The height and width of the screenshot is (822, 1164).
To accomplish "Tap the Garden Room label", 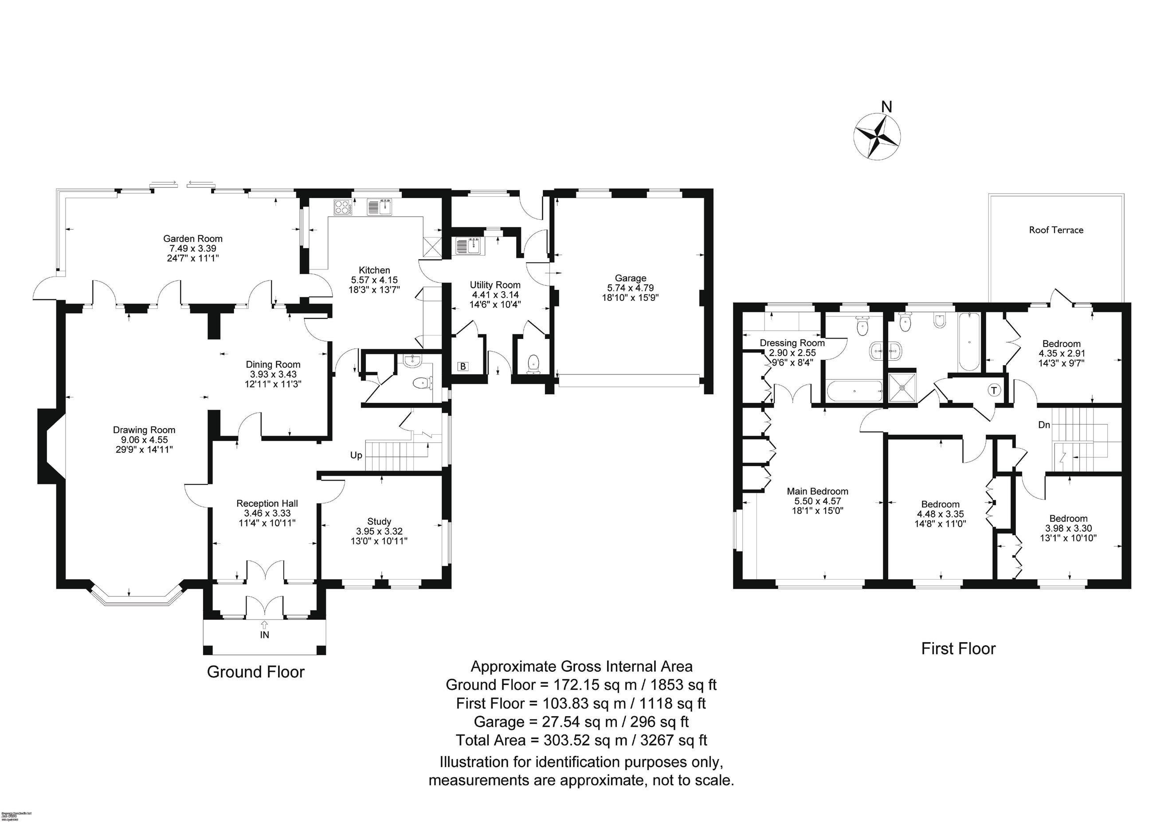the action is point(192,238).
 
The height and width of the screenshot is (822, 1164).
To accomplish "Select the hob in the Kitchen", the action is point(343,206).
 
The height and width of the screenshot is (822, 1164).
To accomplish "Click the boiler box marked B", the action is point(462,366).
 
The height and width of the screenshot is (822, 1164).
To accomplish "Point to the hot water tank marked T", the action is point(994,390).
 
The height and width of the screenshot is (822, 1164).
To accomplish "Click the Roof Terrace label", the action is point(1056,230).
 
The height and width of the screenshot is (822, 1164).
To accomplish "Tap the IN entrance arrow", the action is point(264,626).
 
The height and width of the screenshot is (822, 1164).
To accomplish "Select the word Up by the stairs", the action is point(356,456).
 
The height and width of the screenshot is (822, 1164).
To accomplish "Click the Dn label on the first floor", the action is point(1044,425).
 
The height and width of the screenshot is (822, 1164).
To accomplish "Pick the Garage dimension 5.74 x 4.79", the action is point(630,288).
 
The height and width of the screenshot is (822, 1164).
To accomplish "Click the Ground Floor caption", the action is point(255,672).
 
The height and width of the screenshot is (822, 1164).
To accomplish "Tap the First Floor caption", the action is point(958,649).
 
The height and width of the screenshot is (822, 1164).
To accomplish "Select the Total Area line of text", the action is point(581,740).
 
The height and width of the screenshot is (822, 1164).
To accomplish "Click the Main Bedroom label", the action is point(817,491).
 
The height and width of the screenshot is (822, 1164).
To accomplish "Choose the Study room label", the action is point(379,521).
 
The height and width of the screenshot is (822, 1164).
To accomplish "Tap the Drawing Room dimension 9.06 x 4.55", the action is point(144,440).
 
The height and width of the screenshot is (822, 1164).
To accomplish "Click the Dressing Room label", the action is point(792,343).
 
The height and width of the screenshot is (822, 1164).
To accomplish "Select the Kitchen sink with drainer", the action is point(380,206).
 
